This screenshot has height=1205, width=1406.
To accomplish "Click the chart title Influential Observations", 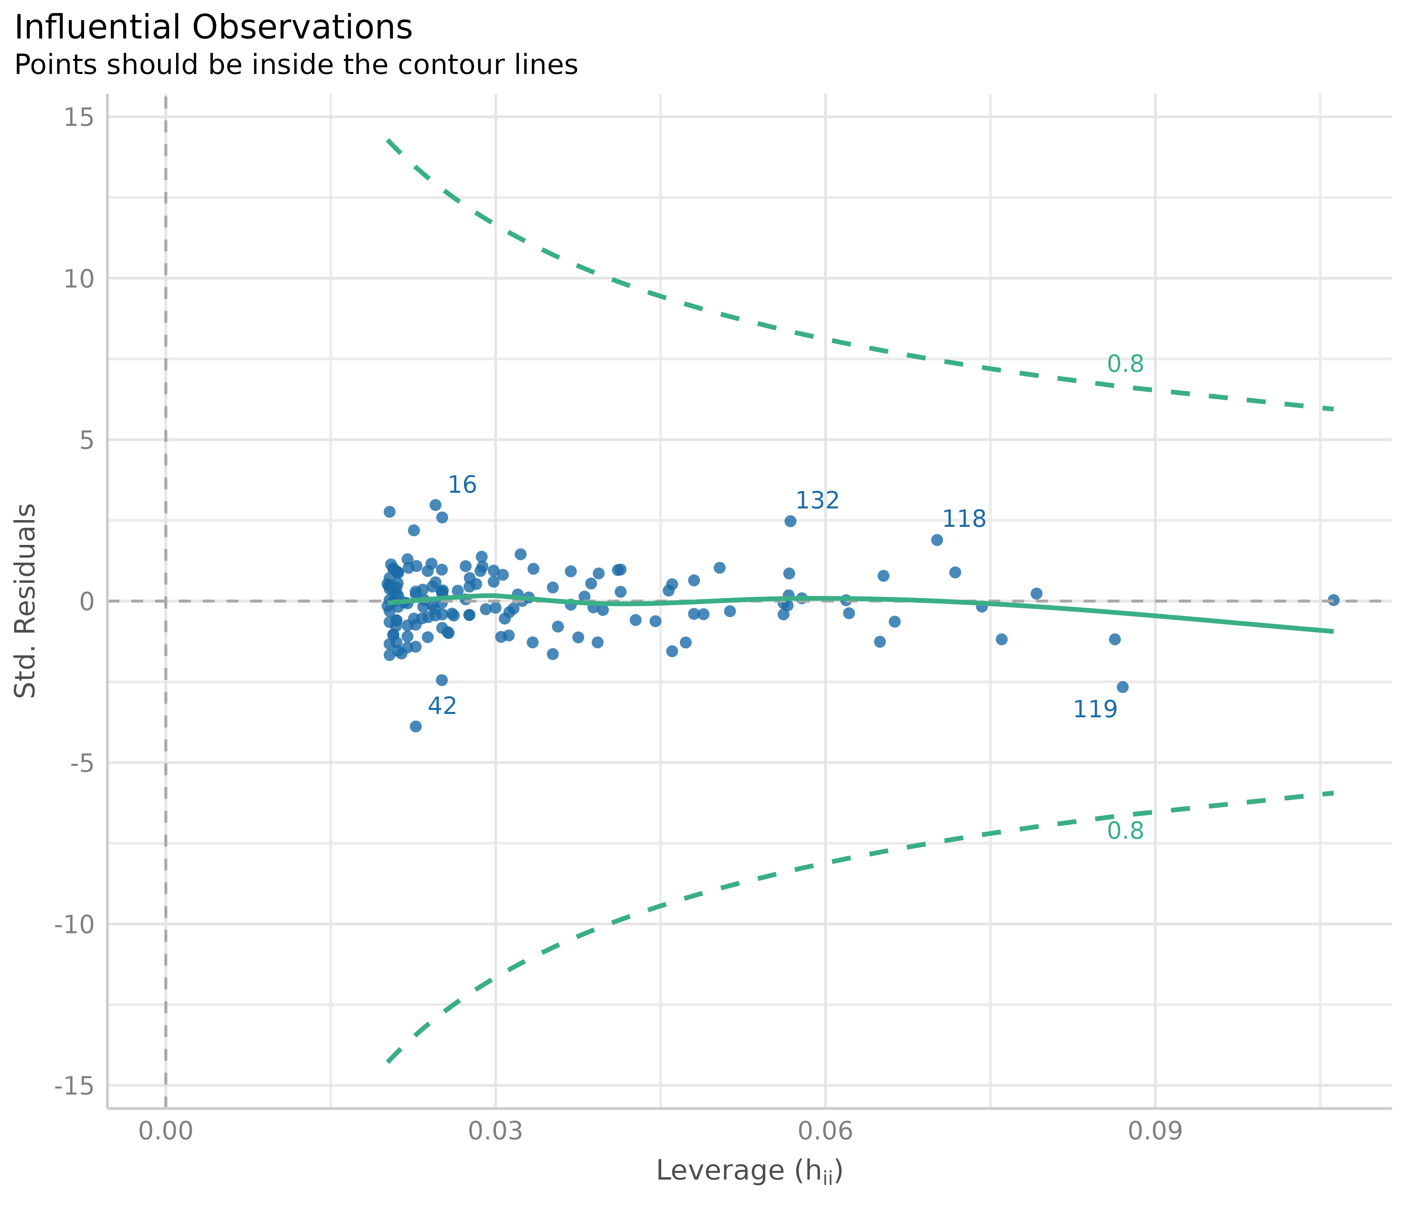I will click(213, 28).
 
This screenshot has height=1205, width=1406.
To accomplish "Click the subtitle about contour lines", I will click(296, 65).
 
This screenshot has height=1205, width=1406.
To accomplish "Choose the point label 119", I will click(1095, 710).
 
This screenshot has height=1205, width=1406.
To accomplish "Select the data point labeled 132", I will click(790, 521).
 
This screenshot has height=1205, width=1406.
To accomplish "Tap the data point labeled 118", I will click(936, 540).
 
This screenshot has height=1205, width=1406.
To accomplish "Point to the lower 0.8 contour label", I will click(1125, 831).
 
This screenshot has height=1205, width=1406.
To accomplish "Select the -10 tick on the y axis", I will click(73, 924).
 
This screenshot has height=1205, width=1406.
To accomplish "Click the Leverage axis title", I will click(749, 1172).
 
